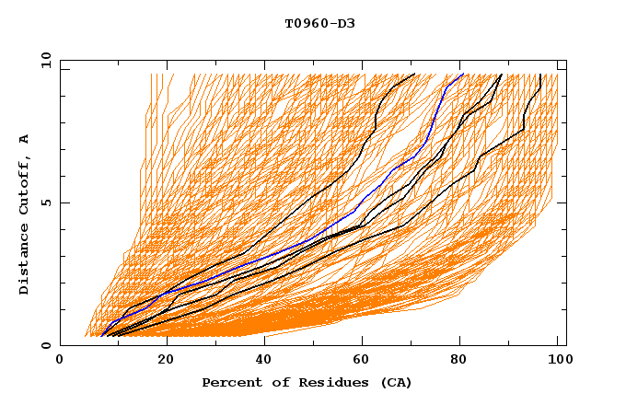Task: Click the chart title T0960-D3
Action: pos(319,23)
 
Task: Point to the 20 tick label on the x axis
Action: pos(167,361)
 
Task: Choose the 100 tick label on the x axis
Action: pos(559,361)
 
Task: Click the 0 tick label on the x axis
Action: pos(60,361)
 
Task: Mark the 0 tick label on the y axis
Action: pos(45,346)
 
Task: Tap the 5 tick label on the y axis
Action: pos(45,202)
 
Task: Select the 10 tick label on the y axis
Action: pos(42,59)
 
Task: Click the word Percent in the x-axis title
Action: pos(230,382)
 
